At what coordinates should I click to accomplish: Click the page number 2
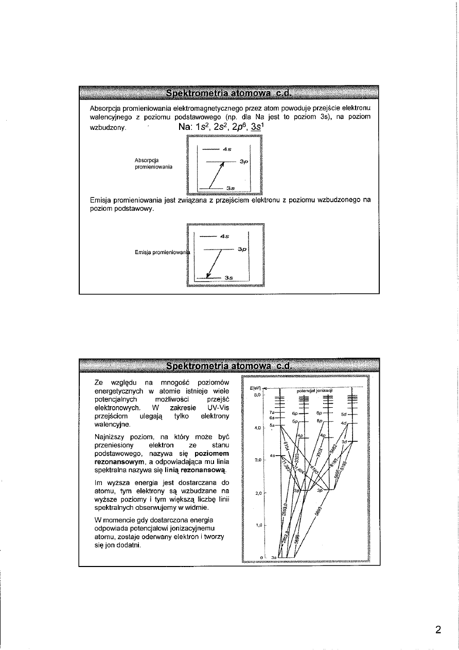(438, 630)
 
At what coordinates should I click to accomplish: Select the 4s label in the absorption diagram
(226, 149)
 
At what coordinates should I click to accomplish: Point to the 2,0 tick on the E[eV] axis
(258, 493)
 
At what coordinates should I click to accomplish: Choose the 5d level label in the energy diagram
(344, 413)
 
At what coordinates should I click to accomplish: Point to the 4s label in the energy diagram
(272, 456)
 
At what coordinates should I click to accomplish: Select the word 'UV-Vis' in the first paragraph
(218, 407)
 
